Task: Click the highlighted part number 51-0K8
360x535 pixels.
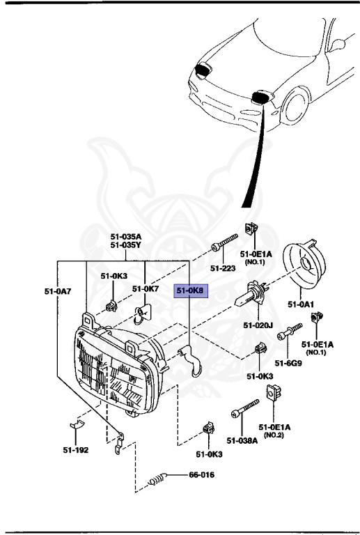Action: (189, 290)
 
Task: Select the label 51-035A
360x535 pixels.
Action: (126, 236)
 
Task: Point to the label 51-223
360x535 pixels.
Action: (224, 267)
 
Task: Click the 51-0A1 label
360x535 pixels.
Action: (302, 304)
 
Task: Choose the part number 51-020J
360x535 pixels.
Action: (258, 325)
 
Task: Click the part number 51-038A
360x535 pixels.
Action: (242, 440)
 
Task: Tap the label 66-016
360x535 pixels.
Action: (201, 476)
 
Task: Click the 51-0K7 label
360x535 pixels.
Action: (146, 288)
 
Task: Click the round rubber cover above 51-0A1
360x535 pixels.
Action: (306, 272)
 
